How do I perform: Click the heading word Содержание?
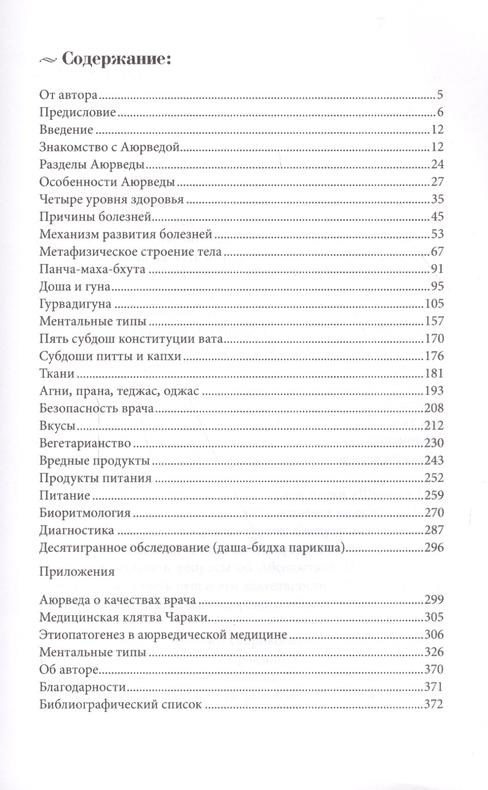coord(116,60)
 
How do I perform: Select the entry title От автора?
coord(68,95)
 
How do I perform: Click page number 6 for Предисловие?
coord(440,113)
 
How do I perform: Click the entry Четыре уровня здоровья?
coord(111,199)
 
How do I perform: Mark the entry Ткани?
coord(57,374)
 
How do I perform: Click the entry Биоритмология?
coord(85,512)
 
